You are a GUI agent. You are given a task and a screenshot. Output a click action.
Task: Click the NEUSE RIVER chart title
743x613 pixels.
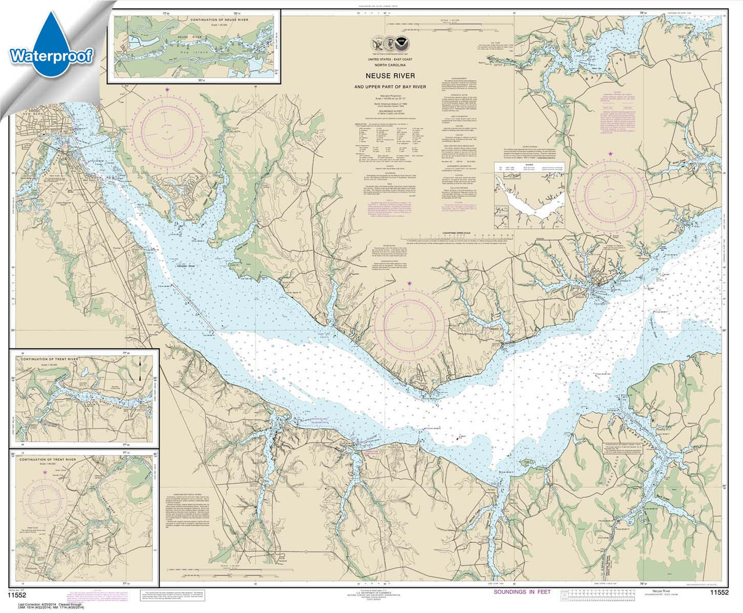398,76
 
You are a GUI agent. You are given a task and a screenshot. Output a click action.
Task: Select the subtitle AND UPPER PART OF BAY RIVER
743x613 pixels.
398,87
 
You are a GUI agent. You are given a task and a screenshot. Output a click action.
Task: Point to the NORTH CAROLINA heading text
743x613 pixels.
398,66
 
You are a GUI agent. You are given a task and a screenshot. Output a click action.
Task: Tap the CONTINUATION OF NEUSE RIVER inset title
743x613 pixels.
218,20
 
